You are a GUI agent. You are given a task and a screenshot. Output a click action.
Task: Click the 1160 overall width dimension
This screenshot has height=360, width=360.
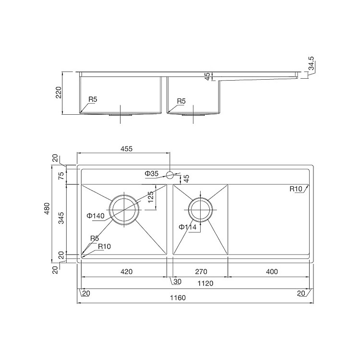tap(177, 298)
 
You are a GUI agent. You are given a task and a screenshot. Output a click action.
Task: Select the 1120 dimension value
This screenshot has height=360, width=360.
tap(205, 284)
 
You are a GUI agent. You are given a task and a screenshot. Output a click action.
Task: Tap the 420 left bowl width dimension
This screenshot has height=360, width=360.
tap(126, 272)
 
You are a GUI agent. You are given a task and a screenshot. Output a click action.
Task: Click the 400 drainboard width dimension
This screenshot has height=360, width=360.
tap(272, 272)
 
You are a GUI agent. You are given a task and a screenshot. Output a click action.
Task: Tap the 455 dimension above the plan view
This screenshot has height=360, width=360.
tap(126, 149)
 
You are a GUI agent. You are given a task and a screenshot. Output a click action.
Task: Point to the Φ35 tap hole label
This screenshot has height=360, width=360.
tap(151, 173)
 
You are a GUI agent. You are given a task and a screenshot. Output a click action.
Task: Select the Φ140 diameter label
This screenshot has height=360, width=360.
tap(96, 216)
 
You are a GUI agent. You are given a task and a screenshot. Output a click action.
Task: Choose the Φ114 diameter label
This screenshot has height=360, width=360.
tap(187, 227)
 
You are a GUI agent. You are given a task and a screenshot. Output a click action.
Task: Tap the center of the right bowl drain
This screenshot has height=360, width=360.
tap(201, 209)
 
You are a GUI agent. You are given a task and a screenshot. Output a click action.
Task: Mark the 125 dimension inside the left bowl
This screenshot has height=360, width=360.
tap(150, 197)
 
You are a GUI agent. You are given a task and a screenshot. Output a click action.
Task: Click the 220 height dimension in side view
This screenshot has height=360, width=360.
tap(59, 93)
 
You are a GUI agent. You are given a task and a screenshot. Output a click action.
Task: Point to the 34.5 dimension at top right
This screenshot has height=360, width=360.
tap(311, 64)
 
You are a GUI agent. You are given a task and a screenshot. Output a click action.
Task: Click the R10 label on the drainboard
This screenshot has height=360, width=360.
tap(296, 189)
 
